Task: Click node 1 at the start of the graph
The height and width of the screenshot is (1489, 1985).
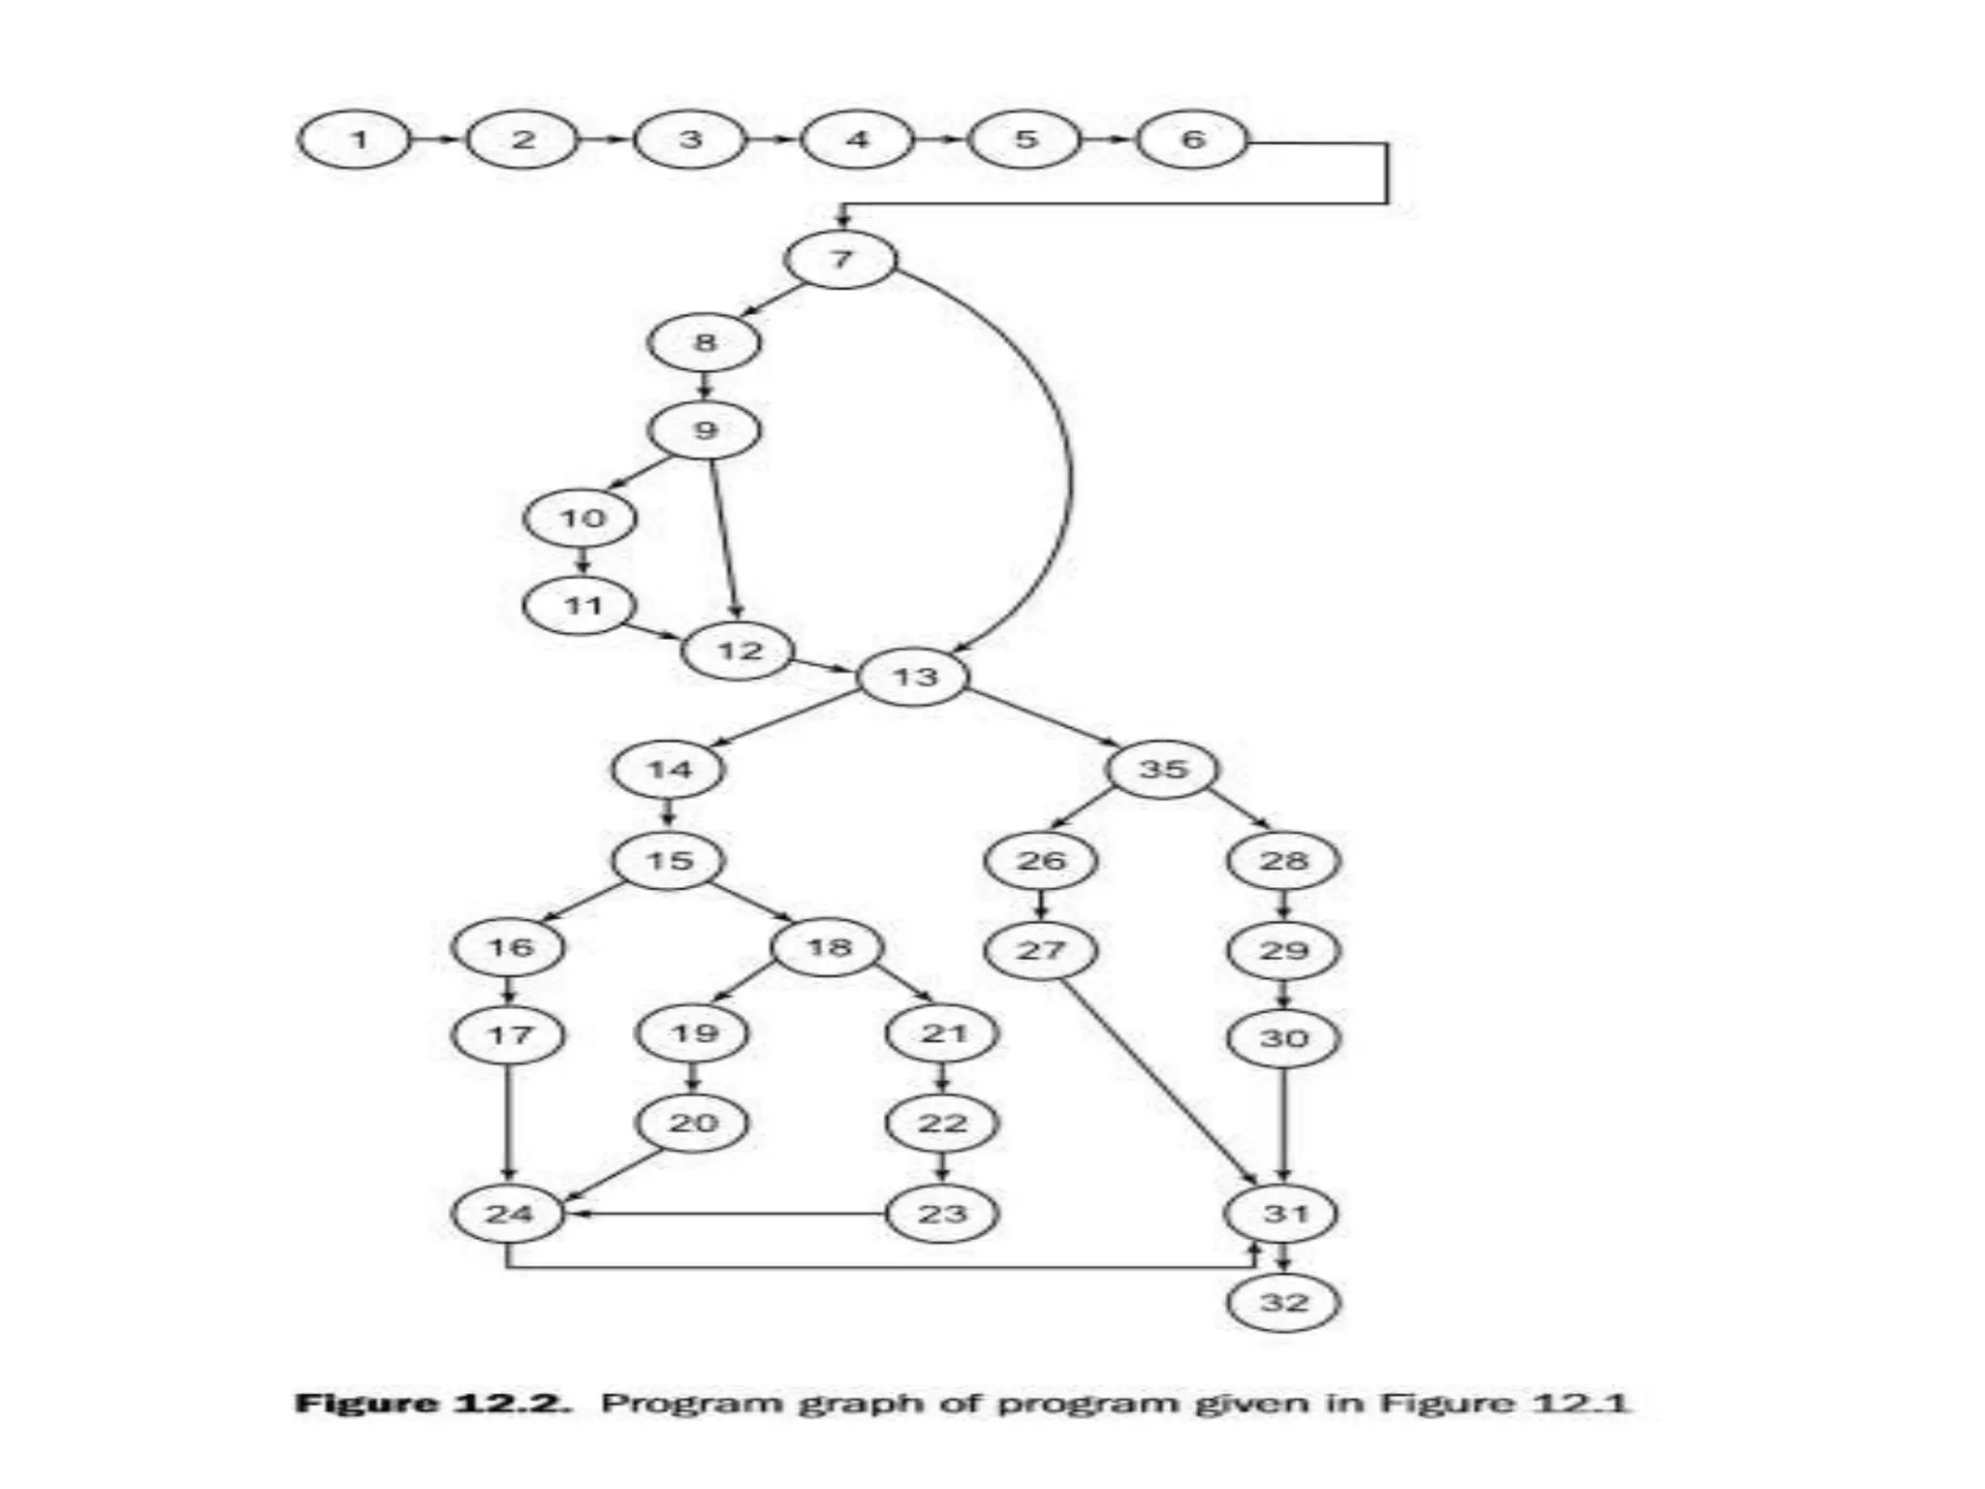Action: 356,141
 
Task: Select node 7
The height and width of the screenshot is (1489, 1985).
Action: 841,260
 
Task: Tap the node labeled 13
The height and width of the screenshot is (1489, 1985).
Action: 914,677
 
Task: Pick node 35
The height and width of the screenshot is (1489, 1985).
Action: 1163,770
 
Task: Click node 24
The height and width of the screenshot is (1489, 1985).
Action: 508,1214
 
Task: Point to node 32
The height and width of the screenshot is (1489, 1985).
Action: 1283,1302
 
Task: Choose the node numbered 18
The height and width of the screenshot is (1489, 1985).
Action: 828,947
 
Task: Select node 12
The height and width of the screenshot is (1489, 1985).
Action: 739,650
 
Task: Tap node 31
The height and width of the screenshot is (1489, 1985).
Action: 1283,1214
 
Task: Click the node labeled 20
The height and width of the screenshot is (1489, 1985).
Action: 692,1124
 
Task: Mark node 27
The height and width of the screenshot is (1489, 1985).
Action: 1040,950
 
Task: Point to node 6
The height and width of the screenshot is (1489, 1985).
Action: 1191,141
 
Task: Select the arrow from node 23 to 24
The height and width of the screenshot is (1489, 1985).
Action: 727,1214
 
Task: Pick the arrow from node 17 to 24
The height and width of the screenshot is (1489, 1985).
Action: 509,1125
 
